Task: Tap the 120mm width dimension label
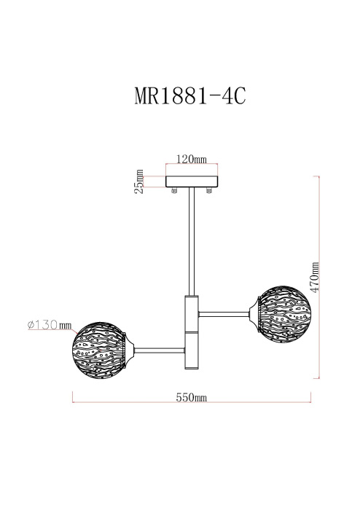click(192, 158)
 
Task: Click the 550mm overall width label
click(192, 398)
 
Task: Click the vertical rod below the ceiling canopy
click(192, 240)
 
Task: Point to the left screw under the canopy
click(174, 192)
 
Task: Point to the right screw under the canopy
click(210, 192)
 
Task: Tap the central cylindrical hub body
click(192, 331)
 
